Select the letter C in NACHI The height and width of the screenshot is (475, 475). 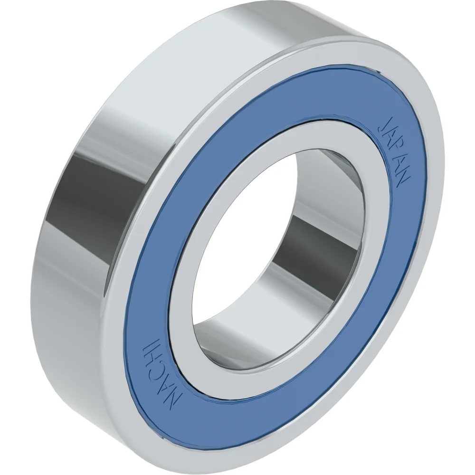coord(158,370)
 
